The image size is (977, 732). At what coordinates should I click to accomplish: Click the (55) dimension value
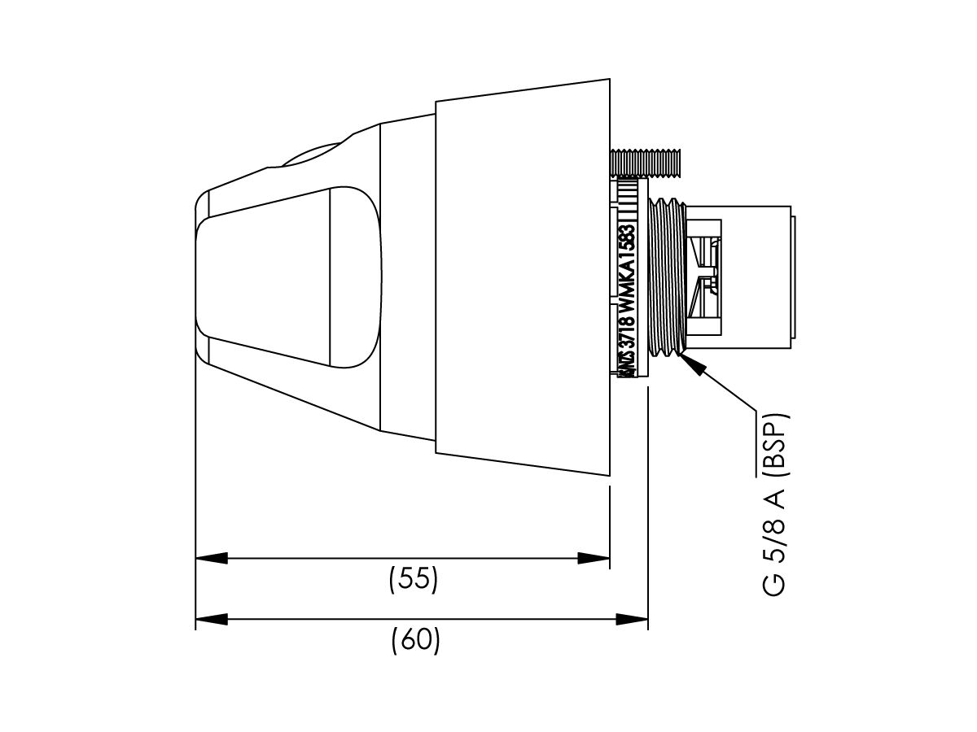click(414, 579)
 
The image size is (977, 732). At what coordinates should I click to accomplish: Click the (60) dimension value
click(415, 641)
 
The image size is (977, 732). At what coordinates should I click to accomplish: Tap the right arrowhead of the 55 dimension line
click(594, 559)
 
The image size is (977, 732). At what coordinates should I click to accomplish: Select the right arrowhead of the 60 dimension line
click(632, 620)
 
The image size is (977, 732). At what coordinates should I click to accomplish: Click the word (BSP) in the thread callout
click(776, 440)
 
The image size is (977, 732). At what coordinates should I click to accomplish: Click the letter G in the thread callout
click(776, 582)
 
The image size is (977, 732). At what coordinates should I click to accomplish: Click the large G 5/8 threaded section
click(668, 277)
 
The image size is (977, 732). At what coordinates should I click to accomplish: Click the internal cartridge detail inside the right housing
click(705, 277)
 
